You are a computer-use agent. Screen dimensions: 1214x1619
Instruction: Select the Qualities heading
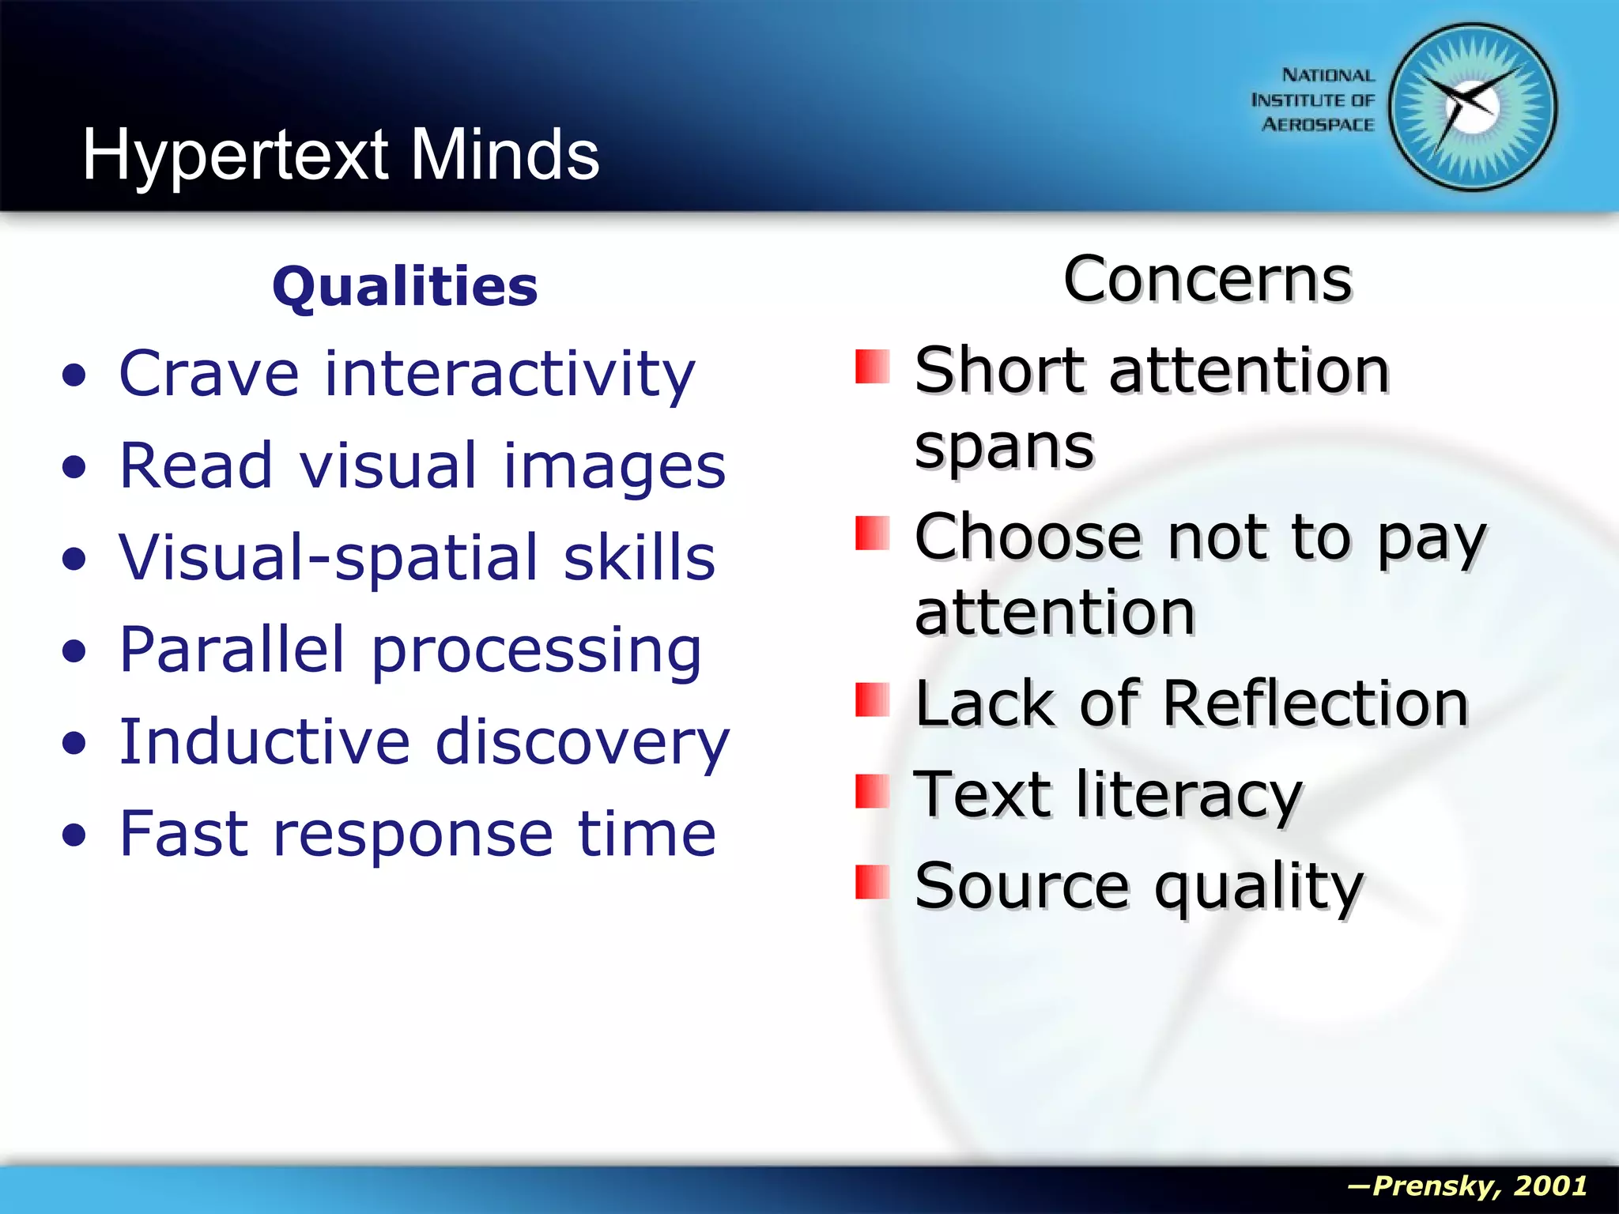tap(405, 286)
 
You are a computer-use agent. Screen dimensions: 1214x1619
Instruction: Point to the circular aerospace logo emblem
tap(1473, 107)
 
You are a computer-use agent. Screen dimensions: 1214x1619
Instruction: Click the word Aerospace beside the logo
tap(1318, 125)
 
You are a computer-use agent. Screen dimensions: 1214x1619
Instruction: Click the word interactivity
tap(510, 374)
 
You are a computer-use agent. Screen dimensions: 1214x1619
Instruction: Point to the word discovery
tap(582, 743)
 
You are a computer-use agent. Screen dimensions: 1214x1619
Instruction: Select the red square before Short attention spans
tap(872, 367)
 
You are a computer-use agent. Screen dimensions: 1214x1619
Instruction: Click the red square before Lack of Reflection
tap(872, 699)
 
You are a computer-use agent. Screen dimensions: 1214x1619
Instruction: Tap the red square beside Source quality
tap(872, 882)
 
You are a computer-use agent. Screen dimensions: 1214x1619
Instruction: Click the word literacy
tap(1188, 795)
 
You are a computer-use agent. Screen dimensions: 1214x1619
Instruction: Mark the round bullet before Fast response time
tap(74, 835)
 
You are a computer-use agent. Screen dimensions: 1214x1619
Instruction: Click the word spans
tap(1004, 447)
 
